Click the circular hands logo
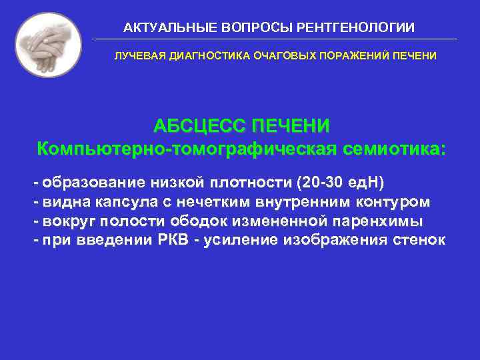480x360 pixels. tap(48, 45)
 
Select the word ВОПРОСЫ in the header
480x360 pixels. tap(253, 27)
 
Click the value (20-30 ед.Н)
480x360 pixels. tap(341, 182)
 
